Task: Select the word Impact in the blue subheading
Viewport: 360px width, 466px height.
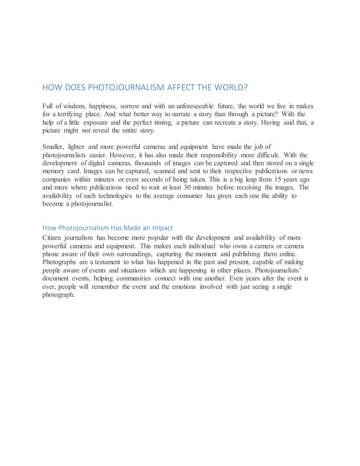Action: pos(161,227)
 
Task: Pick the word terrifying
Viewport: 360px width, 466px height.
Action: pos(71,114)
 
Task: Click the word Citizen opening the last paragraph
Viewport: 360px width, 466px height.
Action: pos(54,238)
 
